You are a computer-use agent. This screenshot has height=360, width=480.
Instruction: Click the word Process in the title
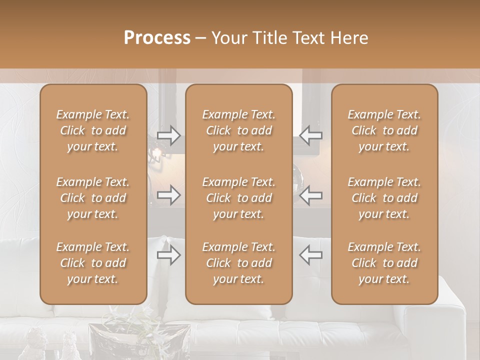point(157,38)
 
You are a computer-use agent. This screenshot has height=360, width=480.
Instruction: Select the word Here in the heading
point(349,38)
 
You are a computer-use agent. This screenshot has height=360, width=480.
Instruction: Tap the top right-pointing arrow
point(168,135)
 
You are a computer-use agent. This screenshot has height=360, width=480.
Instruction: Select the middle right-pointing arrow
point(168,195)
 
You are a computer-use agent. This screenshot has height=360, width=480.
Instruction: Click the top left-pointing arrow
point(311,135)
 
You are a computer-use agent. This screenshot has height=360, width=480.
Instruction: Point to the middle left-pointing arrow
point(311,195)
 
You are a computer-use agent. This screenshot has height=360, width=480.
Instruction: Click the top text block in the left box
point(93,130)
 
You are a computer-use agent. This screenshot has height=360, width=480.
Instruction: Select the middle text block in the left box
point(93,198)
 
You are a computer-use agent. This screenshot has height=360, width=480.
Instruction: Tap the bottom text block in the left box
point(93,263)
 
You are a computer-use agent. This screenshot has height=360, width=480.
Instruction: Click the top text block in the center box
point(239,130)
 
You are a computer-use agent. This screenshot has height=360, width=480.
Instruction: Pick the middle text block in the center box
point(239,198)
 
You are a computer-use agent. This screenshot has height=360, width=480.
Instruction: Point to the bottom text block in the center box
point(239,263)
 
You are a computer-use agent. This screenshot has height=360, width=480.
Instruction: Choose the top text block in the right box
point(384,130)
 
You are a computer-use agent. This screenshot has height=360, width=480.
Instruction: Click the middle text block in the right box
point(384,198)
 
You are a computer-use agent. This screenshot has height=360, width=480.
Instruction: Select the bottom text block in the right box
point(384,263)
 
